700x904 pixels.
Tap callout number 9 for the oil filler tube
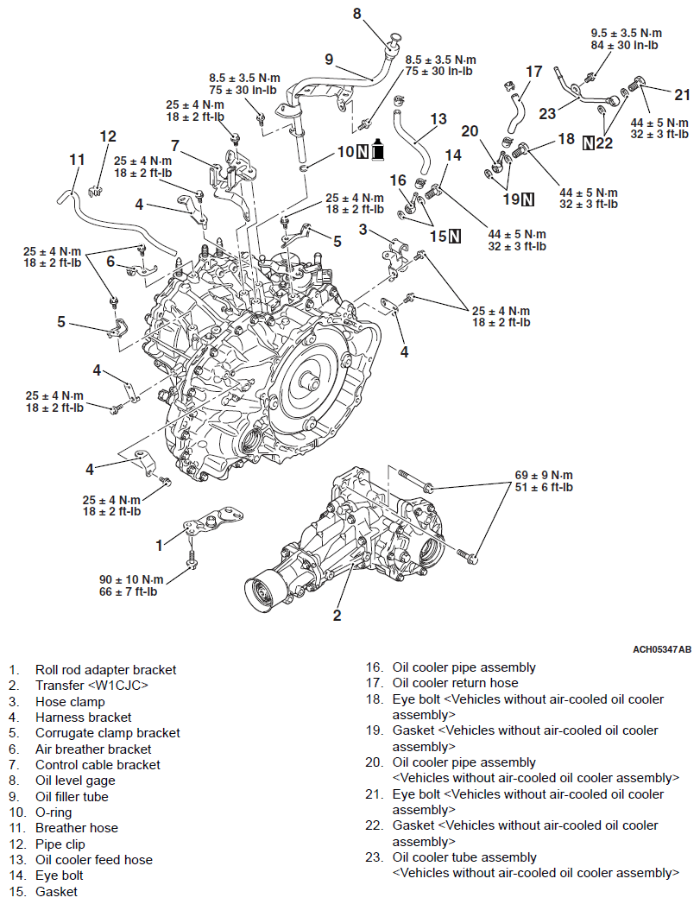click(x=329, y=59)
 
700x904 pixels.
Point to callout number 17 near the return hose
click(x=534, y=71)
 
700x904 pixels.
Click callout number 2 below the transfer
click(x=337, y=616)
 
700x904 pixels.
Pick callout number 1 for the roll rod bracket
click(x=159, y=545)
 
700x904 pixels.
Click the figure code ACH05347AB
click(x=661, y=648)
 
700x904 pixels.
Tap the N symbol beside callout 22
click(x=589, y=142)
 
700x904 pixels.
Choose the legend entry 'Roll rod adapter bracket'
click(x=105, y=669)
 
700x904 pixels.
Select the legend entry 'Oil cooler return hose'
click(x=455, y=682)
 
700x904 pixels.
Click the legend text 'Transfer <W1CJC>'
click(x=91, y=685)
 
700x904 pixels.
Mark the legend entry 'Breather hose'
click(x=76, y=827)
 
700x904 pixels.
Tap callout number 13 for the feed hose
click(x=438, y=118)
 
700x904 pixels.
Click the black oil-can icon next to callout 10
click(x=377, y=152)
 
